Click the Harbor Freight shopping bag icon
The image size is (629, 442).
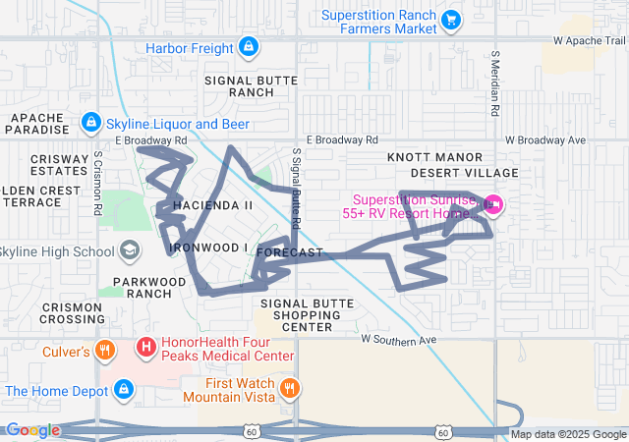(x=249, y=47)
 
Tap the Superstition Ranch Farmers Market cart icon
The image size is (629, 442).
(x=451, y=20)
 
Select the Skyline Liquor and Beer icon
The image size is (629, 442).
(x=90, y=122)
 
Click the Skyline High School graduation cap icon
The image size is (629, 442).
(x=129, y=250)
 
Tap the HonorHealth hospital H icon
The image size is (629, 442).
(x=145, y=347)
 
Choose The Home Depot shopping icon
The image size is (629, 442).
(x=123, y=390)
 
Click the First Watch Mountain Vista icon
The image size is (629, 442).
(x=289, y=386)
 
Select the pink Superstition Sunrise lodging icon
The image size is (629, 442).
(x=492, y=204)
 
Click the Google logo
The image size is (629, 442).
(x=32, y=430)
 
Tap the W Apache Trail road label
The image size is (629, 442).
(x=589, y=41)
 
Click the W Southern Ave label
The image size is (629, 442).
(x=398, y=339)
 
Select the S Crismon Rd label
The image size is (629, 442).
(x=98, y=184)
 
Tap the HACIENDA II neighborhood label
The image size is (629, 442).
(x=213, y=205)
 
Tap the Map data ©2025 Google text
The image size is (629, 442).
(x=567, y=434)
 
